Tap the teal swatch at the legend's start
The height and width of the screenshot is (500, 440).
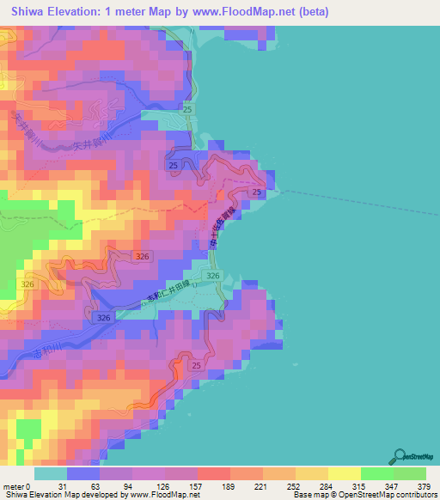tap(51, 474)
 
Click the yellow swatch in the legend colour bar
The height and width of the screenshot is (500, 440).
tap(345, 474)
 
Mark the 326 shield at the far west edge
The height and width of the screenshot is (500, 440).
tap(28, 284)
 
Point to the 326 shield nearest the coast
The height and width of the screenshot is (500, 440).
tap(212, 276)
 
